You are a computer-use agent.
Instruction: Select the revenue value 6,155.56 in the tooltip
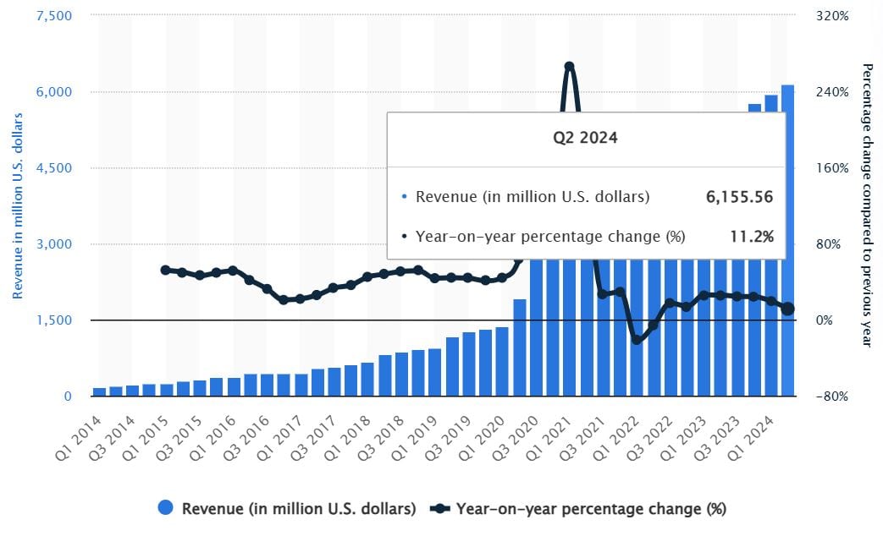click(739, 197)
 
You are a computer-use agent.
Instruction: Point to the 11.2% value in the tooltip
click(752, 237)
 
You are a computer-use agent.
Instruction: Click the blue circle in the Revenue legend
click(166, 508)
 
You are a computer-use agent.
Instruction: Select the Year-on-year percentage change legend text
click(591, 509)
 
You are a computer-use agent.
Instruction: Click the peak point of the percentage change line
click(569, 67)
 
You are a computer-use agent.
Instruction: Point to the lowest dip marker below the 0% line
click(637, 340)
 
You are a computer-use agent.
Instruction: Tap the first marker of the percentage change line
click(165, 270)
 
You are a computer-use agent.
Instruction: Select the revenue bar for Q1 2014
click(99, 391)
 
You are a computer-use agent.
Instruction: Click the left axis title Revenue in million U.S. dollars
click(17, 205)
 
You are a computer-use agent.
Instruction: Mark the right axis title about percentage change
click(866, 204)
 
